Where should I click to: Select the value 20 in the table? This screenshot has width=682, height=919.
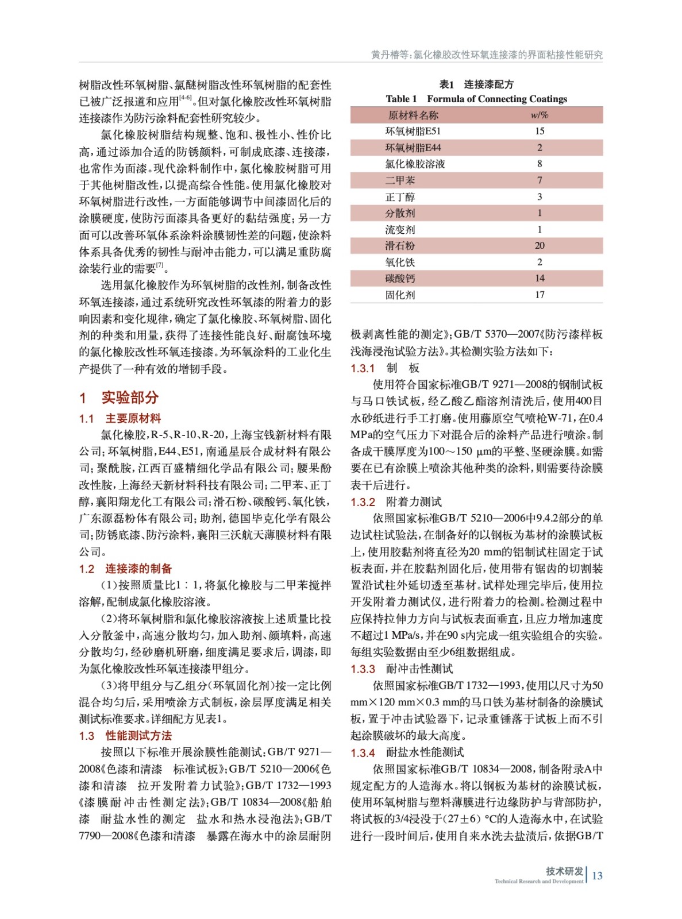[x=540, y=246]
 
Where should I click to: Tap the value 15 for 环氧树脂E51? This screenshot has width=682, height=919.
[x=540, y=131]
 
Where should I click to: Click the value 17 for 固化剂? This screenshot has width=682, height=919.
[x=540, y=295]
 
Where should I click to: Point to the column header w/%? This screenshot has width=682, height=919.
[x=540, y=115]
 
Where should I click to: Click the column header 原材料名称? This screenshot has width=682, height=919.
[x=413, y=115]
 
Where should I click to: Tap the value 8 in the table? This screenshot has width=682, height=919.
[x=540, y=164]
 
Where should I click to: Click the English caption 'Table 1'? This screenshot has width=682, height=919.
[x=401, y=99]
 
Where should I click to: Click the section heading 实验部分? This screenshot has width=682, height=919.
[x=129, y=397]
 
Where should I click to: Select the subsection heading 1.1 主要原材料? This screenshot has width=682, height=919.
[x=120, y=419]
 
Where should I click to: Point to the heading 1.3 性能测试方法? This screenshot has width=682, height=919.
[x=125, y=736]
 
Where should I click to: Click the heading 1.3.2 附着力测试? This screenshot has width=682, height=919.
[x=396, y=502]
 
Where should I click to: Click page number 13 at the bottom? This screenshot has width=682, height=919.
[x=597, y=875]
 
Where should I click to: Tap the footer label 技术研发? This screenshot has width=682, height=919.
[x=564, y=871]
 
